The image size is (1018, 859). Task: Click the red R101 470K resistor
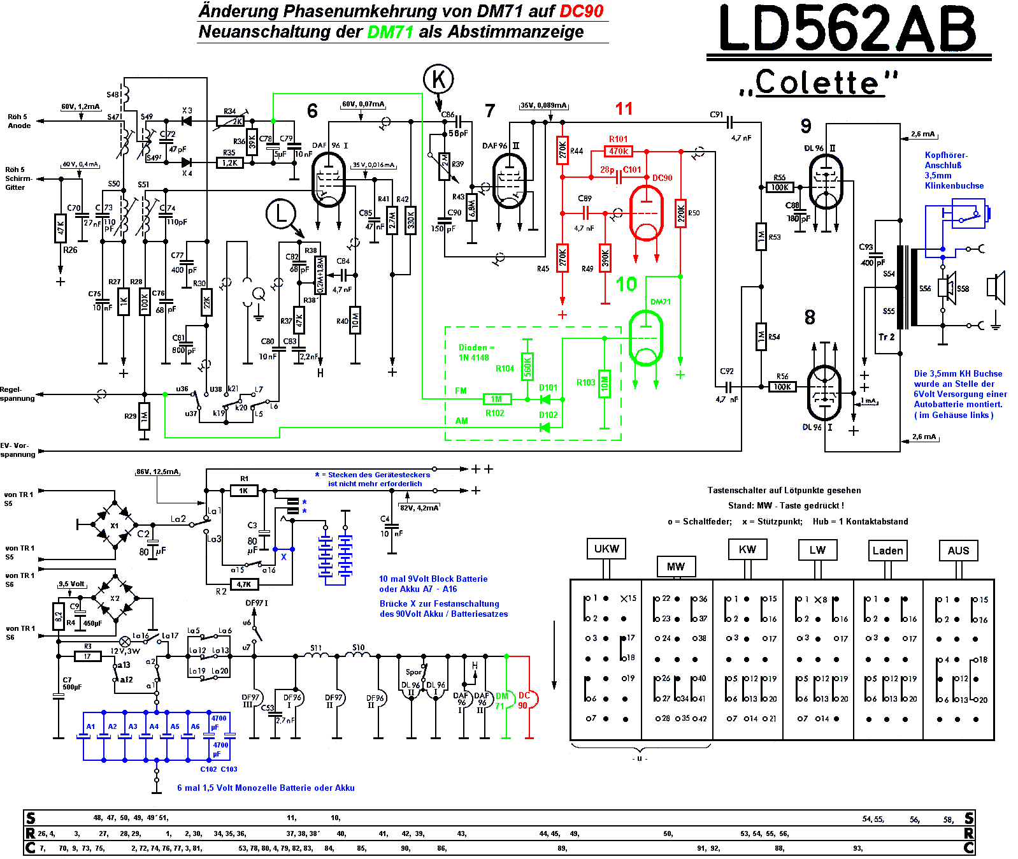point(619,151)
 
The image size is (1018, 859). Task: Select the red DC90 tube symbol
point(646,213)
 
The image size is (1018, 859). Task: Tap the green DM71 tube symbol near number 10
point(646,336)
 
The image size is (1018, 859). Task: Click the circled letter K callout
point(438,80)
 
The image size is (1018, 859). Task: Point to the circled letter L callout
point(281,214)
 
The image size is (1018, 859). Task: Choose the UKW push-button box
point(606,549)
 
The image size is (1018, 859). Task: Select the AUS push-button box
point(958,551)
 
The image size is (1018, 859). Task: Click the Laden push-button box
point(887,551)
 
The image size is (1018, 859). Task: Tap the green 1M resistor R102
point(496,400)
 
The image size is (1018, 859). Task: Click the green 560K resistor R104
point(527,366)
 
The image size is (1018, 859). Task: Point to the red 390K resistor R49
point(605,257)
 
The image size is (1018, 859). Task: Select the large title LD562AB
point(847,29)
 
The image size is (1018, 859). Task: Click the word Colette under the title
point(818,83)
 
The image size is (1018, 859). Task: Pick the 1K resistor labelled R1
point(243,491)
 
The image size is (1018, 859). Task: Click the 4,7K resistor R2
point(243,584)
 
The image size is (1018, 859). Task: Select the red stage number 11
point(624,109)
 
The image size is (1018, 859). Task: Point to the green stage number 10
point(626,284)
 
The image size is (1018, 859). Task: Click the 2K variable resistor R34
point(230,120)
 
